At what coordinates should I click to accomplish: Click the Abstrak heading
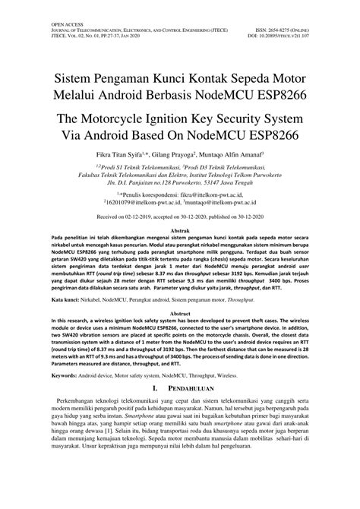179,229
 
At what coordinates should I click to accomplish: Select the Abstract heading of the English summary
179,313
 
